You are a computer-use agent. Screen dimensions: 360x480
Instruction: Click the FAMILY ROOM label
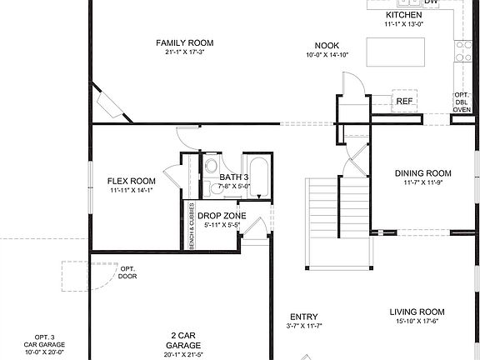click(185, 42)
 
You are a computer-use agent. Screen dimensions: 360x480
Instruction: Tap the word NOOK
click(327, 45)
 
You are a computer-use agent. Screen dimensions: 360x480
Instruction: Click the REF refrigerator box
click(404, 102)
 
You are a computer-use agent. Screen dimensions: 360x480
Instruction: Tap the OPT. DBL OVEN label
click(462, 102)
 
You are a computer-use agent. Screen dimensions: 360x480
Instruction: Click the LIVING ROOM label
click(418, 312)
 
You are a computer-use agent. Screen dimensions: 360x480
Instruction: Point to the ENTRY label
click(303, 317)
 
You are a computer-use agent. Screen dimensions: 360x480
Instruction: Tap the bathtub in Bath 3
click(258, 176)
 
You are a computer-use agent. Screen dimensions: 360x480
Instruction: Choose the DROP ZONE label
click(221, 215)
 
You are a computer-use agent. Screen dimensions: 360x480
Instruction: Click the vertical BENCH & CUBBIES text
click(192, 225)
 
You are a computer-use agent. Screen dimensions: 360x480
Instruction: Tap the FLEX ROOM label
click(132, 181)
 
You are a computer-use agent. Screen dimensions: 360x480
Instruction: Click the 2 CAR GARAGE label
click(182, 338)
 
